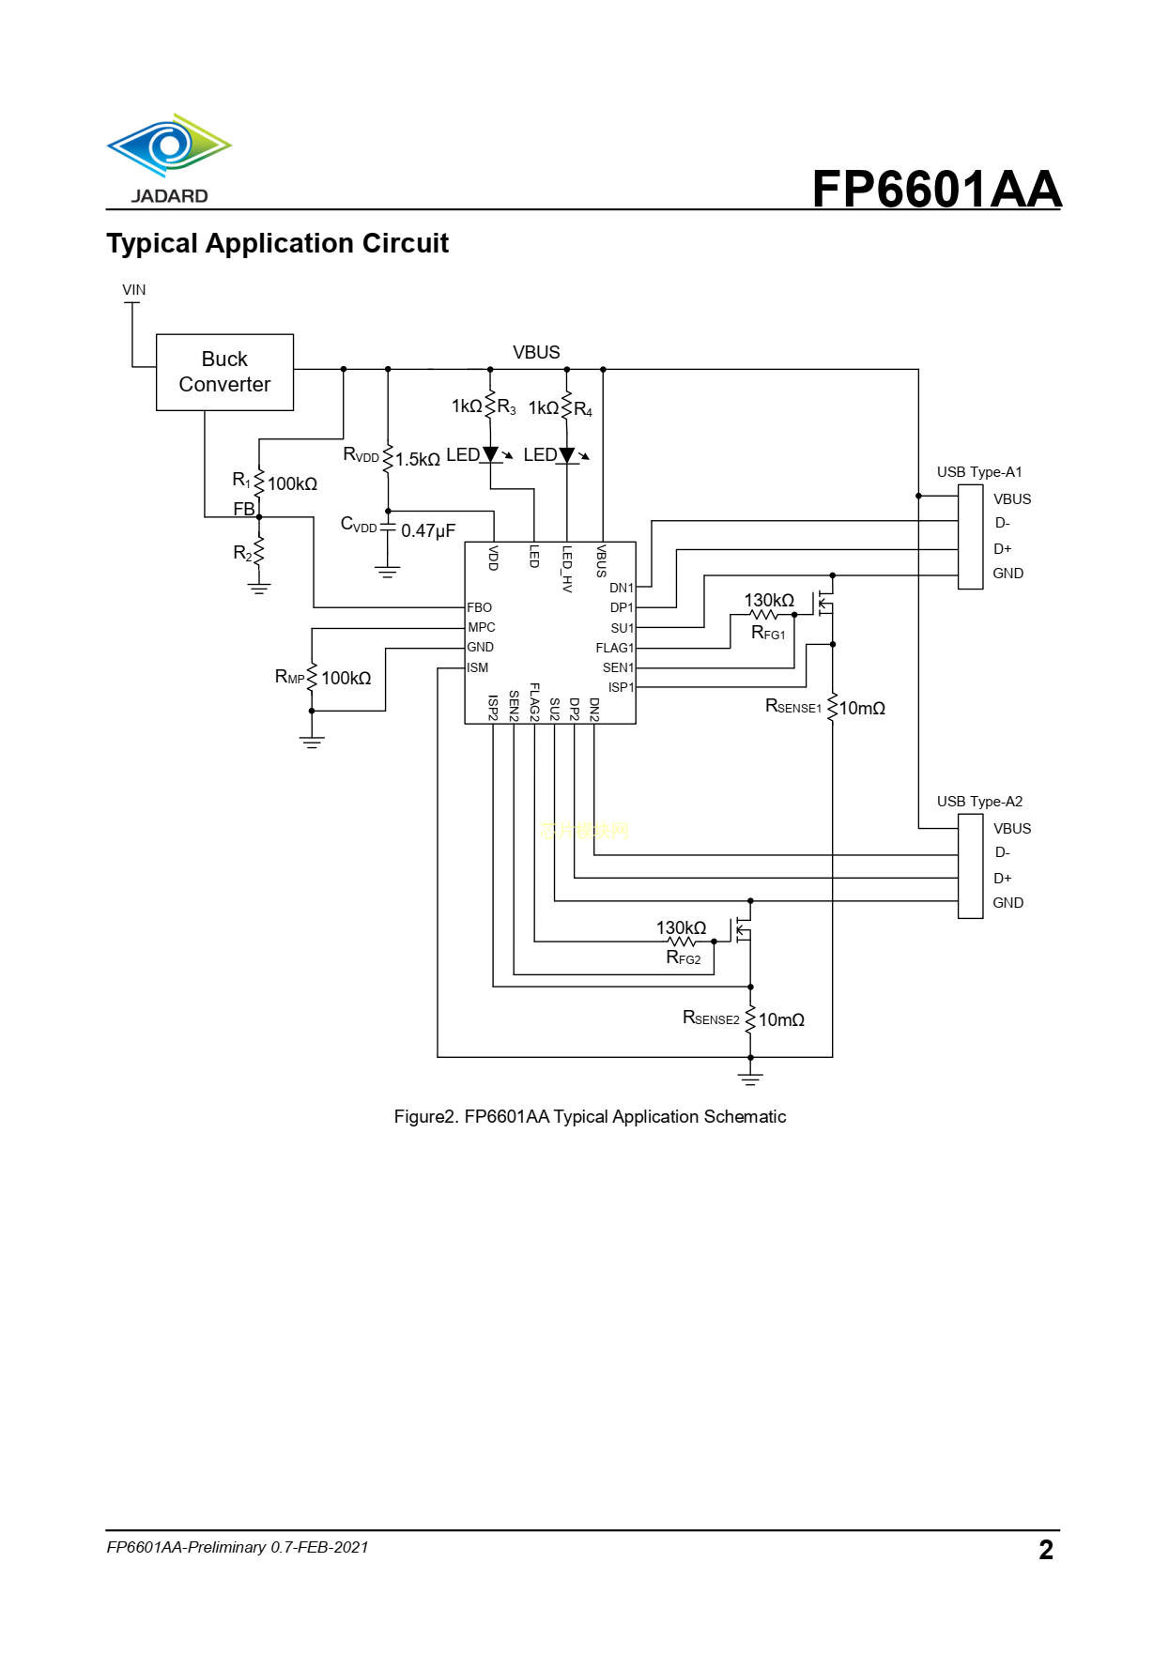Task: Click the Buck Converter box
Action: (x=224, y=372)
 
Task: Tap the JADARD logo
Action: (x=169, y=159)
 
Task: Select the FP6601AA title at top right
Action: (x=936, y=189)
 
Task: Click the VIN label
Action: (x=134, y=290)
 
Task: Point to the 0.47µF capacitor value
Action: (x=428, y=531)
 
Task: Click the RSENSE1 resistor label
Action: (x=793, y=707)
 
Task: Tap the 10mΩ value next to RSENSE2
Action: (x=781, y=1020)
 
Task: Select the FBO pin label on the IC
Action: (x=479, y=608)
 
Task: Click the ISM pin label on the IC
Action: (x=477, y=668)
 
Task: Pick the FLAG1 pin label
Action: (x=614, y=649)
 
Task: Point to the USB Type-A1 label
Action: (x=979, y=472)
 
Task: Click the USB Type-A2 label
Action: (x=979, y=802)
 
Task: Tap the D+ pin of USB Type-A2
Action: (x=1003, y=879)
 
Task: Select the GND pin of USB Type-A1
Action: (x=1007, y=574)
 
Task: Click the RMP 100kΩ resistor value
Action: (x=346, y=679)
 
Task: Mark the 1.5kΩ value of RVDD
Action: (x=418, y=460)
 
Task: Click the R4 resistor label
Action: (x=583, y=409)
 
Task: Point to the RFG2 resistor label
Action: (x=684, y=958)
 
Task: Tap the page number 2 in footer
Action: (x=1046, y=1550)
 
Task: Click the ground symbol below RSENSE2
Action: (x=750, y=1079)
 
